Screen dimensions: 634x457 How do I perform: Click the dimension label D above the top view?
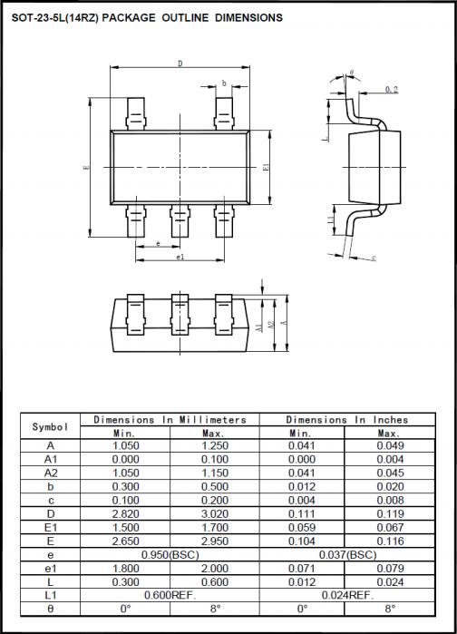[180, 63]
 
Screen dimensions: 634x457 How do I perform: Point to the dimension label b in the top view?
[224, 83]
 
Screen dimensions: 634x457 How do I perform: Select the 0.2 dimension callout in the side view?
[391, 89]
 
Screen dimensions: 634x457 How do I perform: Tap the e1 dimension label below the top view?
[180, 257]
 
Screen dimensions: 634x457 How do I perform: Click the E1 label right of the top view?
[265, 168]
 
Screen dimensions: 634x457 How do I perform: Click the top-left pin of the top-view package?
[136, 114]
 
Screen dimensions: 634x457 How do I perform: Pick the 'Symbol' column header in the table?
[50, 426]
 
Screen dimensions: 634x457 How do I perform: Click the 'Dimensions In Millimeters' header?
[170, 420]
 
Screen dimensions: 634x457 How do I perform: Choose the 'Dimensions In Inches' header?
[347, 420]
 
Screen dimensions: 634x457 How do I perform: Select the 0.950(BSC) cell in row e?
[170, 554]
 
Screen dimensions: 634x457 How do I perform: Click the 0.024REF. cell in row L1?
[347, 594]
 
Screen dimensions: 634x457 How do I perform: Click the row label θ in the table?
[50, 608]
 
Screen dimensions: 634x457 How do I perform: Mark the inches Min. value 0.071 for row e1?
[302, 568]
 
